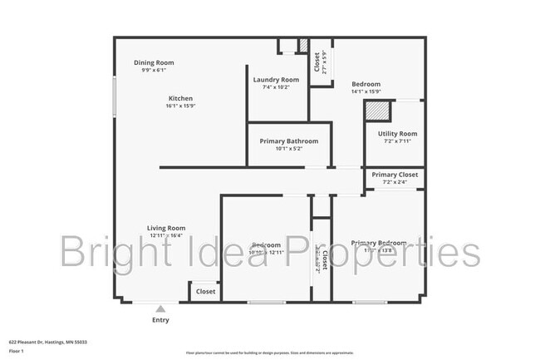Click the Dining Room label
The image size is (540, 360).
click(154, 62)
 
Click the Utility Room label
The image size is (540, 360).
click(397, 133)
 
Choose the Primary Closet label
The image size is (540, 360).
click(395, 175)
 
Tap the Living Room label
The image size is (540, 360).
click(166, 228)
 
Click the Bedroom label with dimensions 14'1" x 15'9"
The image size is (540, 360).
click(366, 84)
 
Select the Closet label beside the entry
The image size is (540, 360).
click(205, 292)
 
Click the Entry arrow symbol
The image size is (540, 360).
click(160, 308)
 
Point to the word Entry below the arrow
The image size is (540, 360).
click(160, 320)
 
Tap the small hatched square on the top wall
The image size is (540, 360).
click(303, 45)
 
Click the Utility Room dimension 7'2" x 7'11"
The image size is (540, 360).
click(397, 141)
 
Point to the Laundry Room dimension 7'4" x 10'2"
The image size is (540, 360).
click(277, 87)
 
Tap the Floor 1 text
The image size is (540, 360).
click(17, 350)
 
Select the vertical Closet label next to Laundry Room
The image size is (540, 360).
click(317, 62)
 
